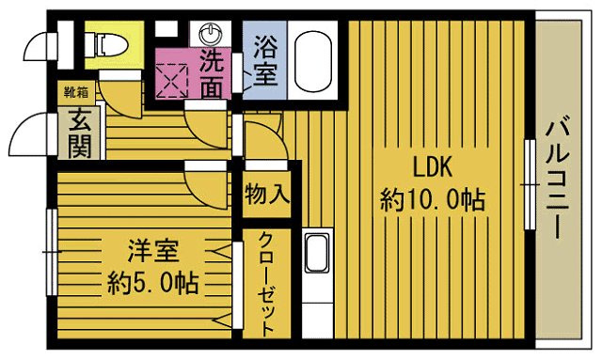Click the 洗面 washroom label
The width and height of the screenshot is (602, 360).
pos(214,73)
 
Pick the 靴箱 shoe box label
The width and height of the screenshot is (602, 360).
pos(76,92)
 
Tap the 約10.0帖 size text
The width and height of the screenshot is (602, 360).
pos(433,199)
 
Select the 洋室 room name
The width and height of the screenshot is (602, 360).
pos(152,252)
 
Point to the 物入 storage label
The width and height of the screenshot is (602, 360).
pos(266,195)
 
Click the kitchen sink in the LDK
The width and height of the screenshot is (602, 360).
pos(316,254)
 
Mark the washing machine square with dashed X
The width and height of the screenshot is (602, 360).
pos(172,80)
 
